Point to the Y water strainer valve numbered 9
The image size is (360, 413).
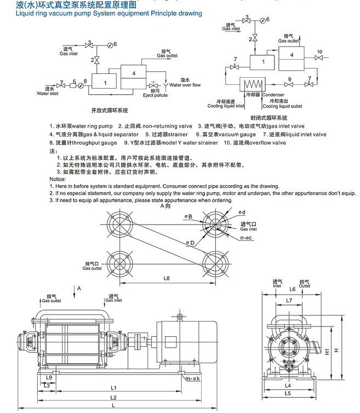pos(290,85)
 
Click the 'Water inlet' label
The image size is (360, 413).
pos(47,94)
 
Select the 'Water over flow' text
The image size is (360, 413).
pos(185,85)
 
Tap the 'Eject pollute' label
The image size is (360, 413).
pos(155,95)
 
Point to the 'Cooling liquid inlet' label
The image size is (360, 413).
pos(226,106)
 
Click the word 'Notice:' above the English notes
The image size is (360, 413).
pos(57,179)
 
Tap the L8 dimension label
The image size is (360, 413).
pos(167,278)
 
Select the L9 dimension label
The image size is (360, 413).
pos(49,378)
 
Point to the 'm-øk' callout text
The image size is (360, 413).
pos(192,379)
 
